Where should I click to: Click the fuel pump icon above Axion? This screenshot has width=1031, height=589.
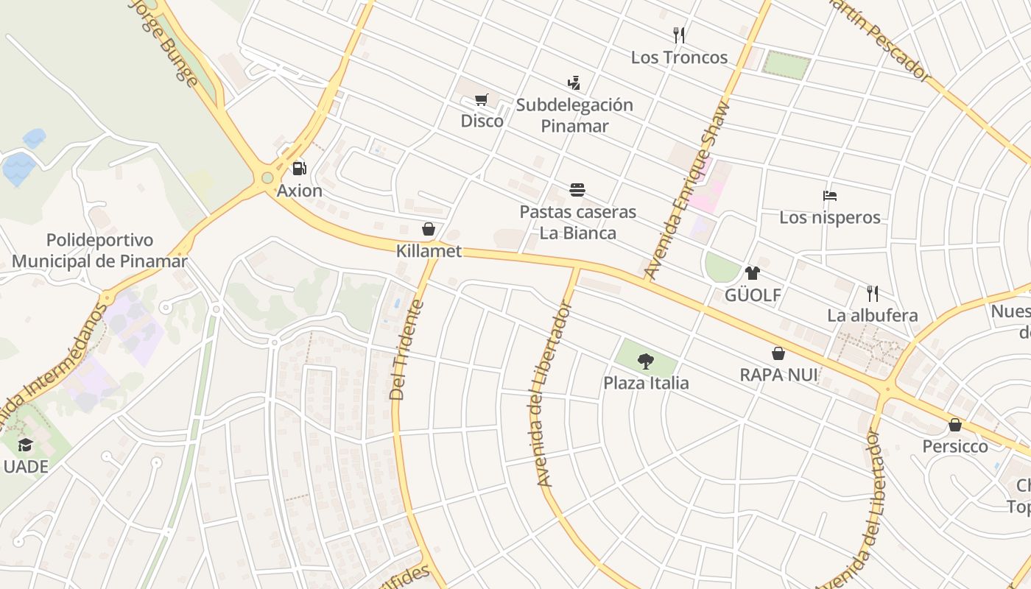coord(299,169)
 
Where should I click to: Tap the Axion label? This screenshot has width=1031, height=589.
coord(300,191)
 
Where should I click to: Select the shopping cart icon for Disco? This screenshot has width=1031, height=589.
coord(482,99)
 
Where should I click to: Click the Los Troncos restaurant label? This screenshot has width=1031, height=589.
coord(679,57)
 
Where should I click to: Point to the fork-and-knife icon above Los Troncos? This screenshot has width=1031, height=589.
coord(679,35)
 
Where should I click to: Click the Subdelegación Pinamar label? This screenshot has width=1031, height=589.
coord(574,115)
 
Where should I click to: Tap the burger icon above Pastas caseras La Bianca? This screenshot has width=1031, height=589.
coord(577,190)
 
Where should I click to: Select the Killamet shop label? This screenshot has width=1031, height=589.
coord(429,251)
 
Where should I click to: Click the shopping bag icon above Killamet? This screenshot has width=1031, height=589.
coord(429,229)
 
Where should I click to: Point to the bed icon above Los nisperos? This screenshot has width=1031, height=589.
coord(830,196)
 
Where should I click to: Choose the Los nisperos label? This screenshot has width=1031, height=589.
coord(830,217)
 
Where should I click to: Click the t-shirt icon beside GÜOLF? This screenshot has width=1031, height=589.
coord(752,273)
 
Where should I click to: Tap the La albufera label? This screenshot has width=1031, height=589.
coord(873,316)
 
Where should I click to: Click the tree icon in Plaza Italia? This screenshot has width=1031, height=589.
coord(646,361)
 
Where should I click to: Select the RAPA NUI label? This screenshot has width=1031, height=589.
coord(778,375)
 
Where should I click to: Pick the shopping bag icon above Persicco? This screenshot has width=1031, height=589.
coord(955,425)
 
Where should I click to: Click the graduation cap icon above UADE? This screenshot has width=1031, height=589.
coord(26,445)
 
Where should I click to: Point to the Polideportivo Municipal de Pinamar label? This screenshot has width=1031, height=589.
coord(99,250)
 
